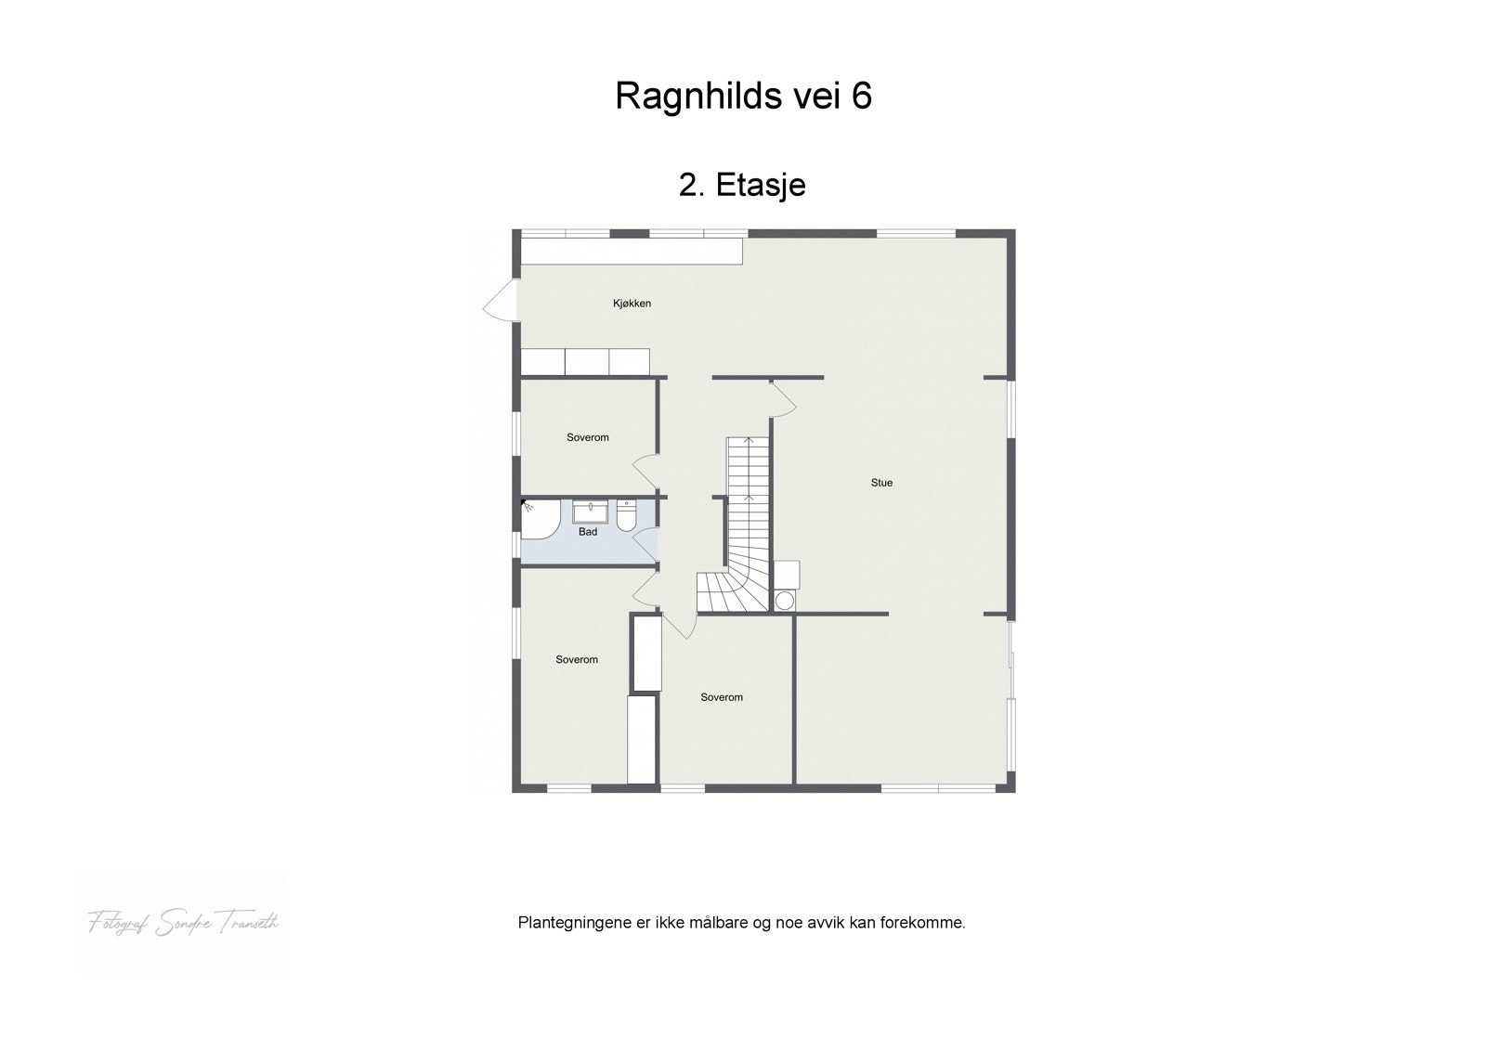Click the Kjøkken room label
tap(632, 304)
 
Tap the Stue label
tap(881, 483)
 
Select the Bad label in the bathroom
tap(588, 532)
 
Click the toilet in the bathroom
tap(627, 515)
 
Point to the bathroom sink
tap(590, 512)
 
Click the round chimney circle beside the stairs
tap(785, 601)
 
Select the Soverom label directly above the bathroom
tap(588, 437)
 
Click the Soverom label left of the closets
tap(577, 660)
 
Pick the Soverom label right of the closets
tap(722, 697)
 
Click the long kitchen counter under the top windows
tap(632, 251)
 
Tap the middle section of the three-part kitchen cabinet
tap(587, 361)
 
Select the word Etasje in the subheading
tap(761, 185)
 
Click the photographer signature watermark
tap(183, 922)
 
